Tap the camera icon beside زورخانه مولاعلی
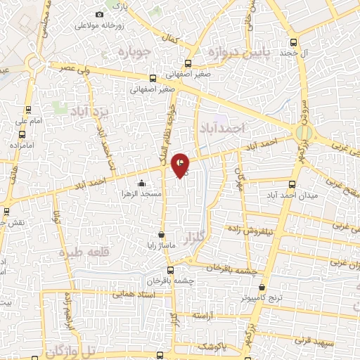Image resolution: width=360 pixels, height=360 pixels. [x=99, y=15]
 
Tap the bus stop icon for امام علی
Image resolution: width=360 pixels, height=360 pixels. [x=28, y=110]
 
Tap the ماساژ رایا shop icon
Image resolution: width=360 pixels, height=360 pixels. [x=162, y=235]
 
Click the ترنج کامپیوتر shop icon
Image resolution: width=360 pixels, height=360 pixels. [x=262, y=287]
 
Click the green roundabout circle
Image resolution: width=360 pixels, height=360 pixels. [x=303, y=131]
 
